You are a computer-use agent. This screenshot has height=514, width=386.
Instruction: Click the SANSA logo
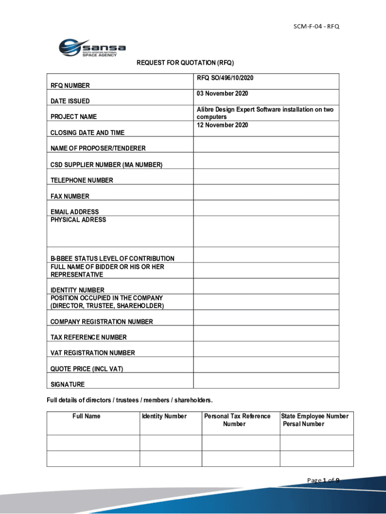point(92,48)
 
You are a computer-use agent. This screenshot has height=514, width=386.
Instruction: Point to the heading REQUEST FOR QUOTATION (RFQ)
point(185,63)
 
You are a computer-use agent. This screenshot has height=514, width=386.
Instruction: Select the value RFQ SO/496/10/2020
point(225,78)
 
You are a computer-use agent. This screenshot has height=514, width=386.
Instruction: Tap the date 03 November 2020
point(223,94)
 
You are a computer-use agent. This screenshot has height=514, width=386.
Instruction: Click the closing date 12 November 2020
point(223,125)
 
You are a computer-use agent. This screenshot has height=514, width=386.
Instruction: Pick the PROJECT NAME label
point(74,117)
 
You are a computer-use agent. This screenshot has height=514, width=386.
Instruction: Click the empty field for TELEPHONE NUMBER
point(266,177)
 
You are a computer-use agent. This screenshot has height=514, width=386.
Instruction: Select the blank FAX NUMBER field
point(266,192)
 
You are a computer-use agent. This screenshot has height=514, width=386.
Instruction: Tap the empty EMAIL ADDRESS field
point(266,208)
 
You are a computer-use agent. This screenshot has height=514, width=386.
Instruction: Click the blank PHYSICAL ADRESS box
point(266,231)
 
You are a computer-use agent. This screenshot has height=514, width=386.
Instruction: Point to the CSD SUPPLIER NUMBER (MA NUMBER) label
point(106,165)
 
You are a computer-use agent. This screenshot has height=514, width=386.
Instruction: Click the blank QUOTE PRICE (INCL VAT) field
point(266,365)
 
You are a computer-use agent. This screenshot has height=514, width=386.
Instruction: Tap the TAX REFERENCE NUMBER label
point(89,337)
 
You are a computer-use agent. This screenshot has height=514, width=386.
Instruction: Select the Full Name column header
point(86,416)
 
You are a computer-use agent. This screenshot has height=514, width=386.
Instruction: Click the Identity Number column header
point(164,416)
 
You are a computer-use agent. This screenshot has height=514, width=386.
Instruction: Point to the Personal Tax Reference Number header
point(237,420)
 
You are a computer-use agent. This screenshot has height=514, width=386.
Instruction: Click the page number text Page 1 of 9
point(323,481)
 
